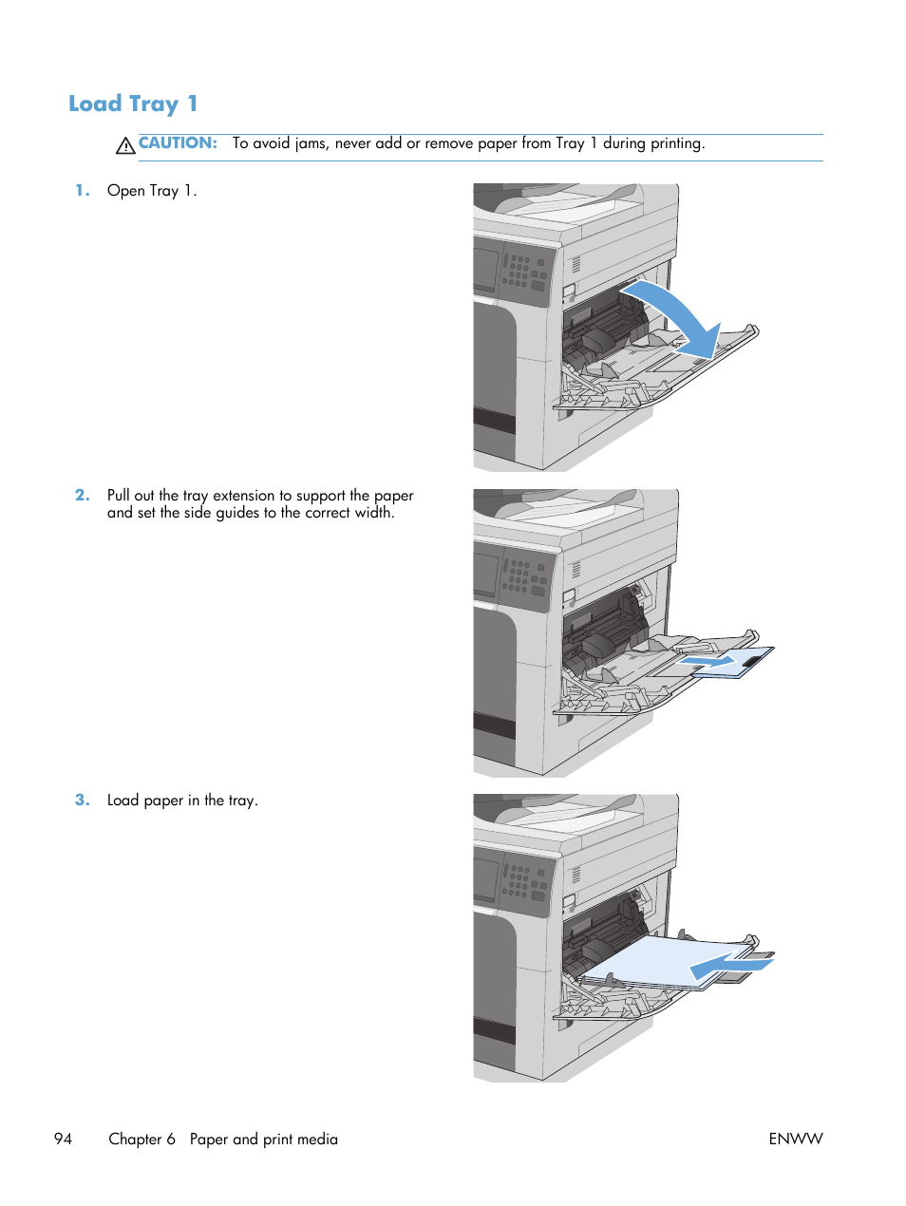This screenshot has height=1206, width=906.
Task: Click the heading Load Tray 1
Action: (133, 104)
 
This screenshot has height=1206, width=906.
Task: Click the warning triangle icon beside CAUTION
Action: (125, 145)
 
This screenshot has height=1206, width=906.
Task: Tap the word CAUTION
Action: (178, 143)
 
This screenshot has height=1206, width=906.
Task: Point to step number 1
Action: (83, 190)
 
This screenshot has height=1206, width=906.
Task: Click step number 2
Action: (83, 495)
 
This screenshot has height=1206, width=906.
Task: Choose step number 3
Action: (83, 800)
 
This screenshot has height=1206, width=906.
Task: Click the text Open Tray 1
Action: (152, 190)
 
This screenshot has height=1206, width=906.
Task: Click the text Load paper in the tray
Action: (182, 800)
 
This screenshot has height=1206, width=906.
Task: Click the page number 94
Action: (63, 1139)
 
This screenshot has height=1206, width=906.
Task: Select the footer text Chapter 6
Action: (142, 1139)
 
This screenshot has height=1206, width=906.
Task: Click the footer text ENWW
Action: (795, 1139)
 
